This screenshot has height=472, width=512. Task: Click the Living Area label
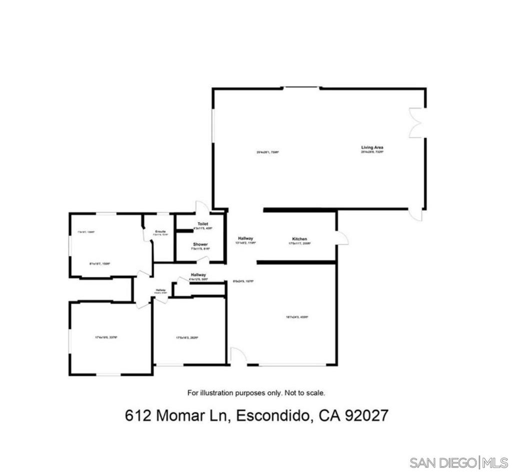[372, 147]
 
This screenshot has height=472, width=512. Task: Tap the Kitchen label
[299, 239]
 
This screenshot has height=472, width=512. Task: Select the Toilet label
[202, 224]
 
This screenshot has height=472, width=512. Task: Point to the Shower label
[200, 244]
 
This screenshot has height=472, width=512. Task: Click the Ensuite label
[160, 231]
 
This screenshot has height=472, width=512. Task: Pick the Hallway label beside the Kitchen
[245, 238]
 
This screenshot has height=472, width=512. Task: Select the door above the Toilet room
[201, 207]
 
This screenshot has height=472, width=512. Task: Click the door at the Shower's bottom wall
[202, 259]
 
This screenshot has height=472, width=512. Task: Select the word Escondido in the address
[271, 416]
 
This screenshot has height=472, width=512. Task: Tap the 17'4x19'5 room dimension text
[106, 337]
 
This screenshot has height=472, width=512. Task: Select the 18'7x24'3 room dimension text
[297, 316]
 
